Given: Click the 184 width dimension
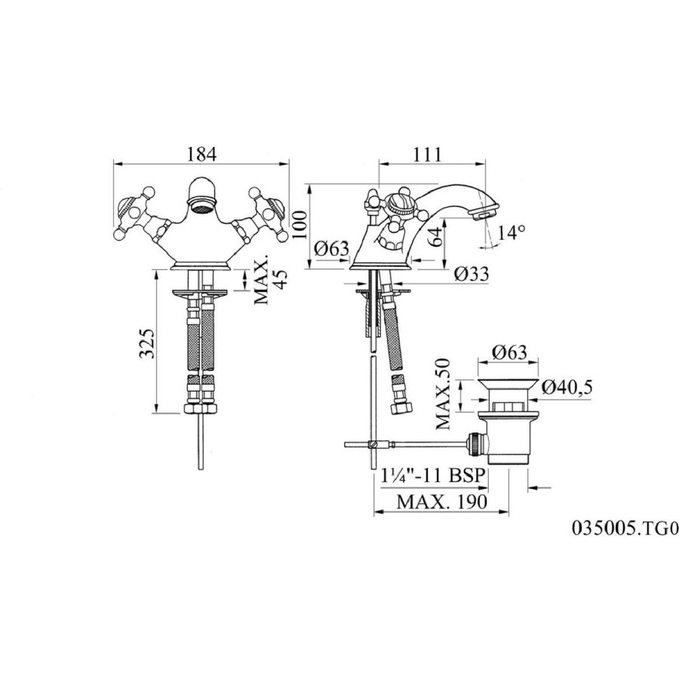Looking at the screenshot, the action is click(x=201, y=154).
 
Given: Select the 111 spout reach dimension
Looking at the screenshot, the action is click(x=426, y=154).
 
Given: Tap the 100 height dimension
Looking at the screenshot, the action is click(x=299, y=225).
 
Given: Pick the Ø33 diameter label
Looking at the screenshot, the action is click(x=472, y=274).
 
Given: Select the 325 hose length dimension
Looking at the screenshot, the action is click(x=147, y=343).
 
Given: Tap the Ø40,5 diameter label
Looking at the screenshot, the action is click(x=567, y=387).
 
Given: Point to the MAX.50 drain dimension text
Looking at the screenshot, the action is click(x=443, y=394).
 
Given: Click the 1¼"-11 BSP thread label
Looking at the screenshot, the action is click(x=432, y=475).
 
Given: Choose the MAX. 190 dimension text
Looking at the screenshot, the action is click(x=442, y=502).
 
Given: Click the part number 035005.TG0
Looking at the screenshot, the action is click(x=625, y=528).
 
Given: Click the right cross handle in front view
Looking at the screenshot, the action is click(x=262, y=213).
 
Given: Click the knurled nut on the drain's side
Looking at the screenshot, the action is click(x=476, y=444).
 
